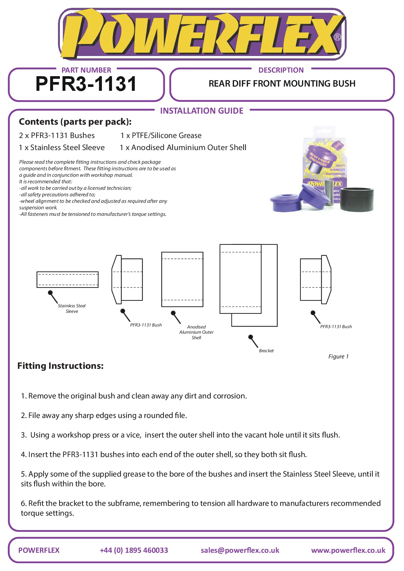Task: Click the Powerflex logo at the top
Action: coord(202,34)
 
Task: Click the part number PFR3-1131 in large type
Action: coord(86,84)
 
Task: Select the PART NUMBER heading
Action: coord(86,70)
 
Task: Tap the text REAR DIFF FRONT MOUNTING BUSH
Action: coord(282,84)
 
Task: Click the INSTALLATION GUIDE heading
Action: coord(202,111)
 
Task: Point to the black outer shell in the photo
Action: coord(357,199)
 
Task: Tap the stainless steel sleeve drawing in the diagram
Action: coord(67,279)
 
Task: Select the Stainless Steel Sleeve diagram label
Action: coord(72,308)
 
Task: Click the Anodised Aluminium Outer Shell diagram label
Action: coord(196,332)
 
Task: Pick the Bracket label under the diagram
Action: coord(266,351)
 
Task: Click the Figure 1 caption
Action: coord(338,356)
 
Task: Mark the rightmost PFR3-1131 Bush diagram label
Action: coord(336,327)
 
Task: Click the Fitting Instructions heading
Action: coord(61,366)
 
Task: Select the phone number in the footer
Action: coord(134,550)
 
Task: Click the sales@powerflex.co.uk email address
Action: coord(240,550)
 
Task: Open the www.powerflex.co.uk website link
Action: coord(348,550)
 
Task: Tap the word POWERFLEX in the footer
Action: coord(39,550)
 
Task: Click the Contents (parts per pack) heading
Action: coord(75,122)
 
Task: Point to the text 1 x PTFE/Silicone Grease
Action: coord(161,135)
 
